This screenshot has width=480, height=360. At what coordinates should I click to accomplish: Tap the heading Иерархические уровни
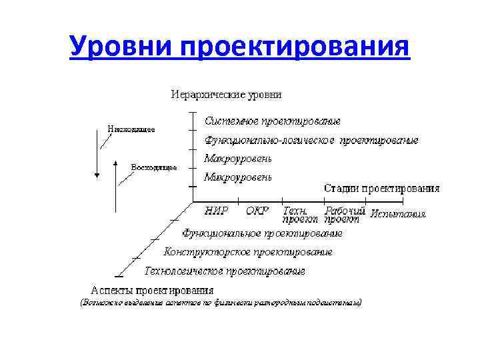(227, 95)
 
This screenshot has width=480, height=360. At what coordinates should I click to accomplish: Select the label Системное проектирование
(273, 121)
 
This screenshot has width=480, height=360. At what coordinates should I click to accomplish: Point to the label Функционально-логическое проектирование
(311, 141)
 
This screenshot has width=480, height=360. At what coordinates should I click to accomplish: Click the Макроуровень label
(238, 159)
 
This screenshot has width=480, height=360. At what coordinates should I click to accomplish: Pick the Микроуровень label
(238, 177)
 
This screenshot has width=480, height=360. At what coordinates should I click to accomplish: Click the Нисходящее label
(131, 129)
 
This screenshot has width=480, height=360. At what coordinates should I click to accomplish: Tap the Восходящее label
(154, 167)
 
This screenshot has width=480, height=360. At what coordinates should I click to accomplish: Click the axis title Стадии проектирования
(382, 188)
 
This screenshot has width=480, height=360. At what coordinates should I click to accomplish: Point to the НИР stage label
(217, 211)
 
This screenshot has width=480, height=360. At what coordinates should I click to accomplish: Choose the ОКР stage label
(257, 211)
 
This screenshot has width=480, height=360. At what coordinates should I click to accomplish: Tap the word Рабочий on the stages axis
(345, 210)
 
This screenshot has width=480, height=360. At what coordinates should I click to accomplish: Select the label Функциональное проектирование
(263, 233)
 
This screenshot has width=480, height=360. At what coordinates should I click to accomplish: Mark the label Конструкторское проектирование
(248, 252)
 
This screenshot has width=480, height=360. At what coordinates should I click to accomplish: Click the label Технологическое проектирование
(225, 271)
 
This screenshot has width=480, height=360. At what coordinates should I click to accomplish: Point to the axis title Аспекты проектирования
(152, 290)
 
